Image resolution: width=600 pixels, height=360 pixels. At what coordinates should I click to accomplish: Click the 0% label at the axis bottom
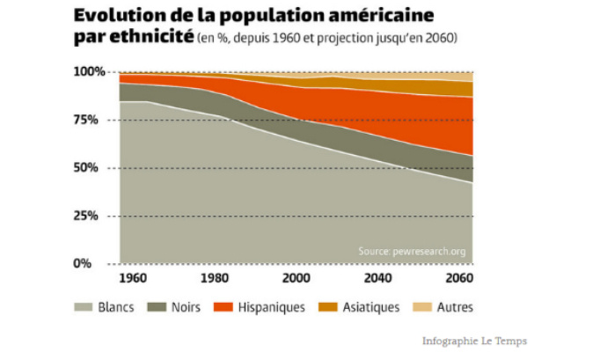tap(95, 264)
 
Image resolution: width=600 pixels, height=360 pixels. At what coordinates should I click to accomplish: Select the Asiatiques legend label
tap(370, 307)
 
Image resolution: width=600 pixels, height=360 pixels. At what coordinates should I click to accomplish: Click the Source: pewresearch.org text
tap(412, 252)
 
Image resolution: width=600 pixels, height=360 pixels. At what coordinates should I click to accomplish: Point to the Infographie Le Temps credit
tap(475, 341)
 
